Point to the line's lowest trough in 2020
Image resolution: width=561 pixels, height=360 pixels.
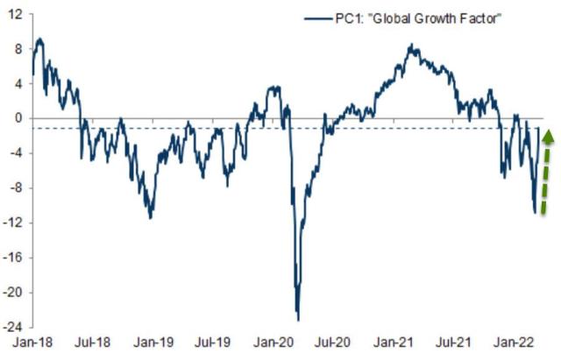tap(298, 319)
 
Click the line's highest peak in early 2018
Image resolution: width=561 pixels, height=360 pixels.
tap(39, 39)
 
